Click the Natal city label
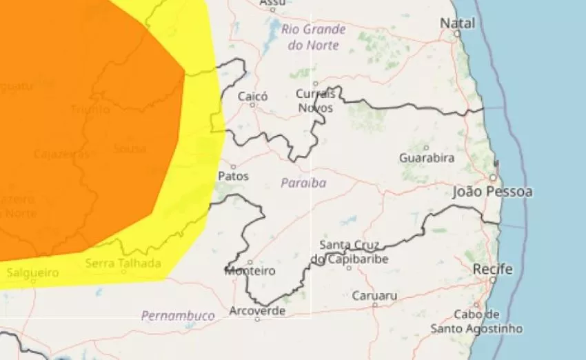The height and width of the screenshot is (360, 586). click(458, 23)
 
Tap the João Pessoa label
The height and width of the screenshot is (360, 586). click(492, 192)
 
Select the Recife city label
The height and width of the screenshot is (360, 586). click(493, 269)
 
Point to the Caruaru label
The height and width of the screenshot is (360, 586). click(374, 296)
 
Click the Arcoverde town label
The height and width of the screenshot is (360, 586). click(256, 310)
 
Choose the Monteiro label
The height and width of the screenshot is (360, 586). click(250, 271)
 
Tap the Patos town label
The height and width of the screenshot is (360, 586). click(233, 177)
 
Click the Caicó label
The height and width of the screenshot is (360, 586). click(252, 97)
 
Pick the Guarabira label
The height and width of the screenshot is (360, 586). click(427, 158)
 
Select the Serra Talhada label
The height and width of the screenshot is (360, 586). click(123, 263)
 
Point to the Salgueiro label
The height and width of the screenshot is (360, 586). click(32, 272)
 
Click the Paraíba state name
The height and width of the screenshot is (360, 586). click(303, 183)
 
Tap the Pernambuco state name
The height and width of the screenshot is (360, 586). click(178, 316)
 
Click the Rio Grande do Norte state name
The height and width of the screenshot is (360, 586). click(314, 37)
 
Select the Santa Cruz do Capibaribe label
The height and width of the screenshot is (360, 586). click(350, 252)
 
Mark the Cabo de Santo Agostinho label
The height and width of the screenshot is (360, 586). click(476, 321)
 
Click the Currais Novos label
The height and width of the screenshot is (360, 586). click(316, 101)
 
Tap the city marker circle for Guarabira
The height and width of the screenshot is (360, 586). click(427, 148)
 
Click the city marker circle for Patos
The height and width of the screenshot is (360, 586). click(233, 167)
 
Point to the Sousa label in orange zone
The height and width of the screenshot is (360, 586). click(130, 148)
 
